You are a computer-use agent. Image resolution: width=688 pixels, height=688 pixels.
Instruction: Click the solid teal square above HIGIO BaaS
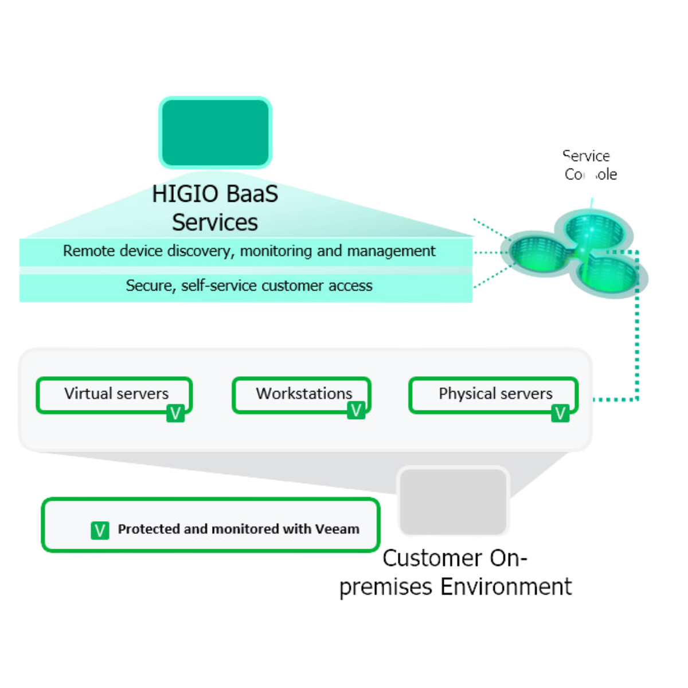coord(215,132)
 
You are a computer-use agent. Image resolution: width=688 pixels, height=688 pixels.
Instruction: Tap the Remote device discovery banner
coord(247,251)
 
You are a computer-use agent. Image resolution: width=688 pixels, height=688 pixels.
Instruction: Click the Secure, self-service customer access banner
coord(247,286)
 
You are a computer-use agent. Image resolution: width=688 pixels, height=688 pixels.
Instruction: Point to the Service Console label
coord(589,165)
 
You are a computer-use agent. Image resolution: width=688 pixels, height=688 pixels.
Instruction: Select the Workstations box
coord(302,394)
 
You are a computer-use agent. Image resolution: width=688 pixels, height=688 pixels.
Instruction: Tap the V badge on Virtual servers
coord(175,413)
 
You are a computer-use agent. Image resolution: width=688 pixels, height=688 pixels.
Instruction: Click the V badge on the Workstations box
coord(356,410)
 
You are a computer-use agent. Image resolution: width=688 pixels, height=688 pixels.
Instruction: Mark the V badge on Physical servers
coord(560,413)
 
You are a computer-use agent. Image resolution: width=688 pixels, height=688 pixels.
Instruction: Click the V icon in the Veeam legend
coord(100,530)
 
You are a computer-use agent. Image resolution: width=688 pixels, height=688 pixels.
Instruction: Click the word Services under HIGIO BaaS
coord(215,222)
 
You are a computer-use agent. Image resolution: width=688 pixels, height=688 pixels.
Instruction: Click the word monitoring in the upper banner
coord(275,251)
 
